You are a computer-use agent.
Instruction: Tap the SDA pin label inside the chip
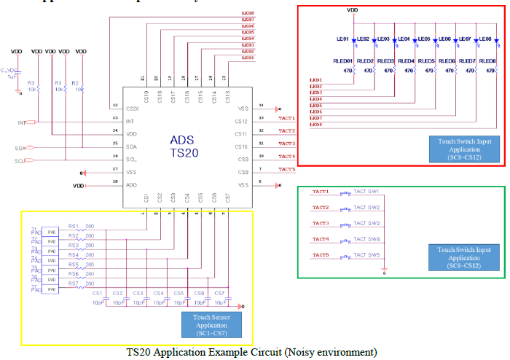pyautogui.click(x=132, y=146)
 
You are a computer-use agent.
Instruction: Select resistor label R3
pyautogui.click(x=31, y=83)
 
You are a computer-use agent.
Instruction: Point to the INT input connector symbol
pyautogui.click(x=32, y=122)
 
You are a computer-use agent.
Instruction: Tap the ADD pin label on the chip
pyautogui.click(x=131, y=185)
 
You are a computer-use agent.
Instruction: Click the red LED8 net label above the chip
pyautogui.click(x=248, y=14)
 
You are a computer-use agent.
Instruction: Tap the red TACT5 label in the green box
pyautogui.click(x=321, y=255)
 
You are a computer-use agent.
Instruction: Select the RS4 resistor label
pyautogui.click(x=74, y=255)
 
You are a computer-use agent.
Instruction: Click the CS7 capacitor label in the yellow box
pyautogui.click(x=219, y=293)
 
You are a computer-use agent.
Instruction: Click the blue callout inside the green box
pyautogui.click(x=463, y=257)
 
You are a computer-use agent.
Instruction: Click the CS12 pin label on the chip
pyautogui.click(x=241, y=121)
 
